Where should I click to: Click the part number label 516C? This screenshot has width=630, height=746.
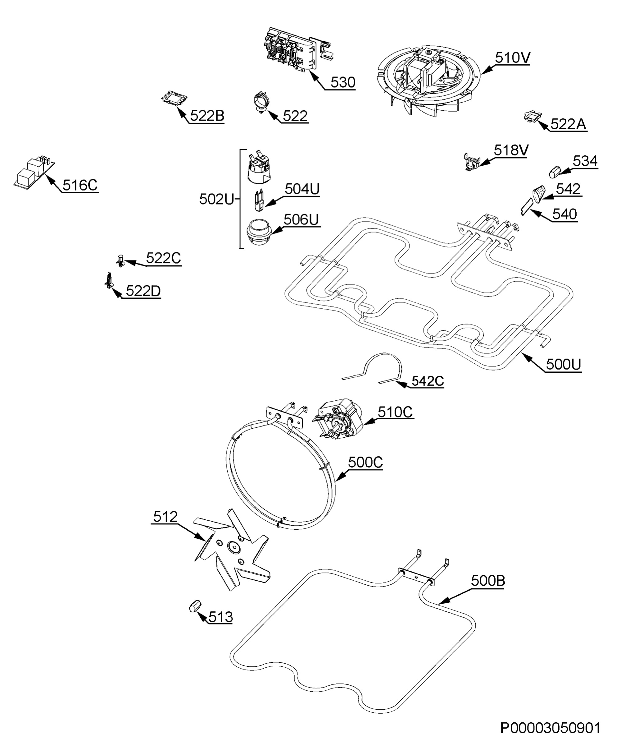(80, 185)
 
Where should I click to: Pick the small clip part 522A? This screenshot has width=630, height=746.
(533, 116)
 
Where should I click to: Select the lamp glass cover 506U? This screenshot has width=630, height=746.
(259, 232)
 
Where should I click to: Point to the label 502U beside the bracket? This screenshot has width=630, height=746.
(216, 200)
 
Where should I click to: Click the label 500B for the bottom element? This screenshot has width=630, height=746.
(488, 581)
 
